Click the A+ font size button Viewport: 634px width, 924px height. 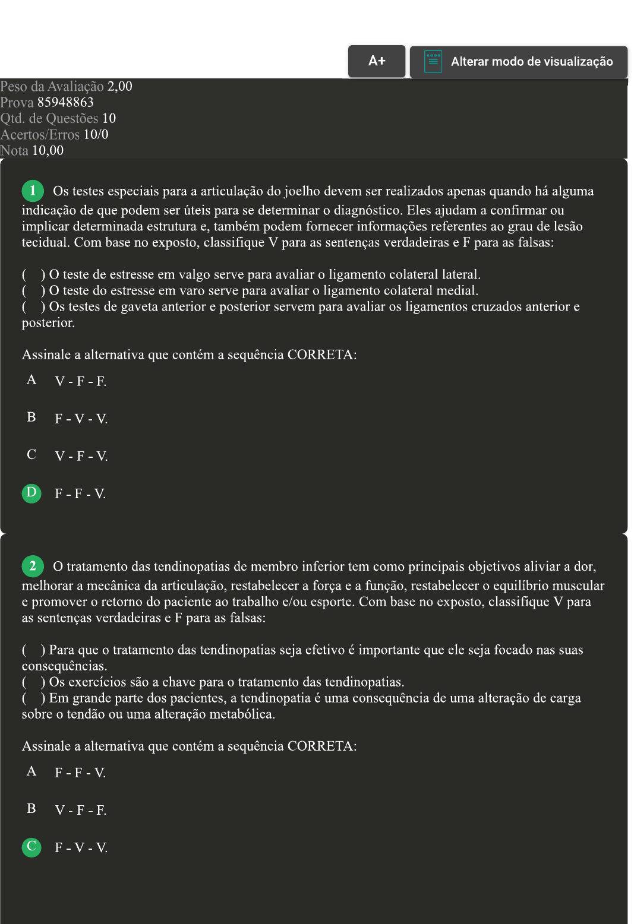tap(377, 61)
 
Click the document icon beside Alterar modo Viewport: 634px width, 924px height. tap(433, 62)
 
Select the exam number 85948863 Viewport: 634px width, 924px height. tap(65, 102)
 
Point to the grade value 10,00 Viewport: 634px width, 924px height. tap(48, 150)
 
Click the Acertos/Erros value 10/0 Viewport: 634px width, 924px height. tap(96, 134)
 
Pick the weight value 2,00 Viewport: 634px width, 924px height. tap(119, 86)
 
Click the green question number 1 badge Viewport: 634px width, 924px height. tap(33, 191)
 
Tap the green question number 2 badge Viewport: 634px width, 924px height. tap(33, 566)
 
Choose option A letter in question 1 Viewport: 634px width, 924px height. tap(31, 380)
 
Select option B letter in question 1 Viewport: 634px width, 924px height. tap(31, 417)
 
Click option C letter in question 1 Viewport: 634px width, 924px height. tap(31, 455)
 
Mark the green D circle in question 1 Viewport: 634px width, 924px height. tap(31, 493)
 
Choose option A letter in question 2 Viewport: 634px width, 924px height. tap(31, 771)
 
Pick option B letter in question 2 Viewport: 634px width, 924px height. tap(31, 809)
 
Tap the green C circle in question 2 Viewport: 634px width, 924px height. tap(31, 846)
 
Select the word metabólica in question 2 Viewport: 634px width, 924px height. tap(242, 714)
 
